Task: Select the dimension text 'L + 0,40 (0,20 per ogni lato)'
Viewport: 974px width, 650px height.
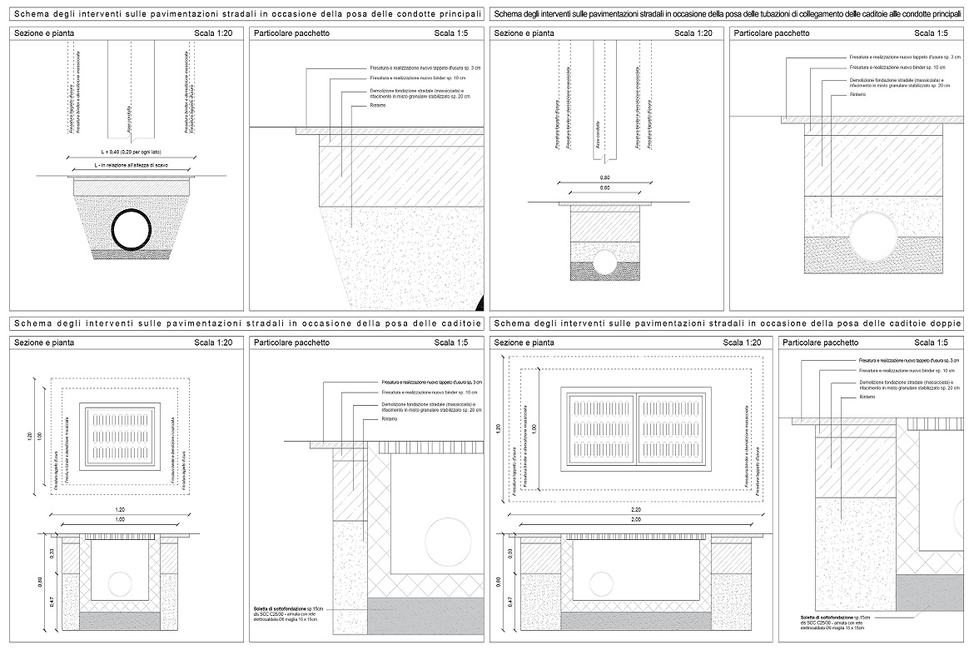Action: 133,152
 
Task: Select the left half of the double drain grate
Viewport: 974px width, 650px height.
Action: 601,426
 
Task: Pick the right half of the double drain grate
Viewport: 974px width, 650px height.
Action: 671,426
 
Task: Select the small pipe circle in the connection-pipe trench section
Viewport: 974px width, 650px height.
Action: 604,262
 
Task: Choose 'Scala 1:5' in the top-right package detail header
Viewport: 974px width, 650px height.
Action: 931,33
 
